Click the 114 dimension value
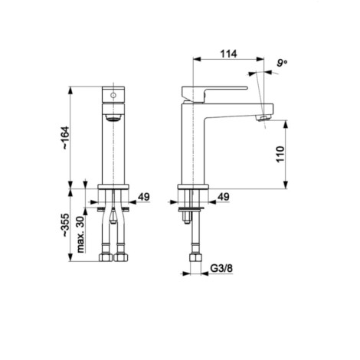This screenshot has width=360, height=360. (x=229, y=54)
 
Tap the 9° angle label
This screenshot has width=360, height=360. (x=282, y=63)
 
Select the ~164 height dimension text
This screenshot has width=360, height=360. (x=66, y=138)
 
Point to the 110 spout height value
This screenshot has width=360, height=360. (x=280, y=154)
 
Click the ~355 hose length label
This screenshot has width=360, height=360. (x=66, y=225)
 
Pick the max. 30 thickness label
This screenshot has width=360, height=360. (x=80, y=234)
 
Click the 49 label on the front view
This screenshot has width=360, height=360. (x=144, y=197)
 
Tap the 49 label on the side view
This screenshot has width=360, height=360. (x=224, y=197)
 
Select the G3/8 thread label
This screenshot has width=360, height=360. (x=221, y=268)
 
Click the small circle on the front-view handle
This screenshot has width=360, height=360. (x=113, y=96)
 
